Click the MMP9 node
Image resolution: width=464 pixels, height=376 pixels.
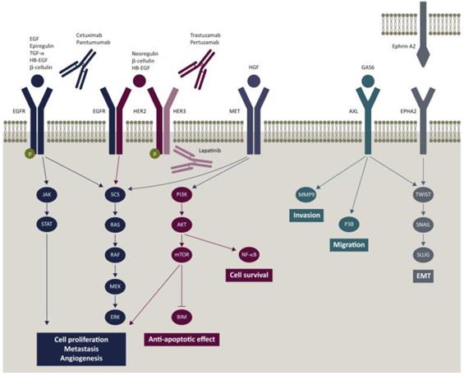[x=309, y=195]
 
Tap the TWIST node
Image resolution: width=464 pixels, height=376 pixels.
[x=423, y=195]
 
